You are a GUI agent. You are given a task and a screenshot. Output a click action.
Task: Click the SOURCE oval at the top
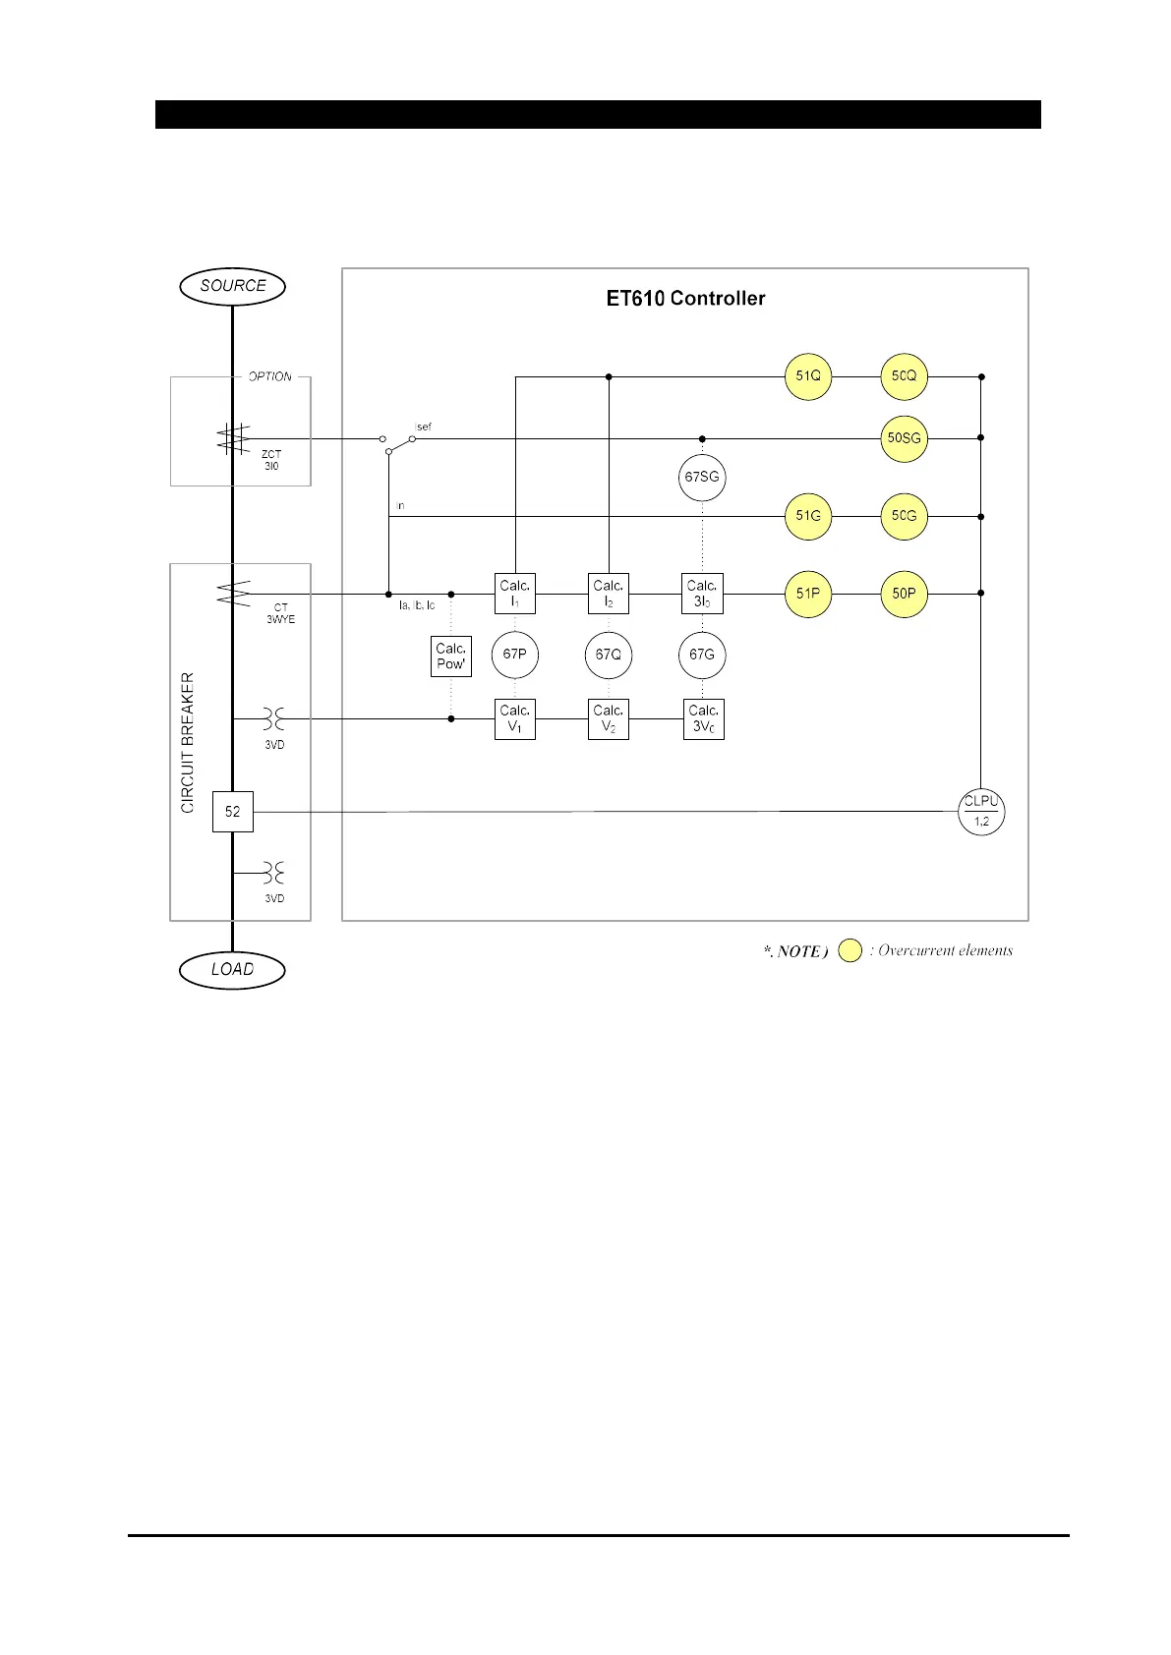tap(232, 286)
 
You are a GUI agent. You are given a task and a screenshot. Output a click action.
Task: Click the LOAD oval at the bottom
tap(232, 970)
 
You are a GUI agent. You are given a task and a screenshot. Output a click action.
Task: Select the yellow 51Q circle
tap(808, 376)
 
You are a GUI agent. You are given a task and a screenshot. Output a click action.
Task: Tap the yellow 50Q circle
tap(904, 376)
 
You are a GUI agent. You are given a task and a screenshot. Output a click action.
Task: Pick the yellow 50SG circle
tap(904, 438)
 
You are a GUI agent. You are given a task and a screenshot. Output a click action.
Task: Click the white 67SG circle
tap(702, 477)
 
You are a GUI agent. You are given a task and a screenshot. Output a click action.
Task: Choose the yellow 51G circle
tap(808, 516)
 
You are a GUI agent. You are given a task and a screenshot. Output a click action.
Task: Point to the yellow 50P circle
tap(904, 594)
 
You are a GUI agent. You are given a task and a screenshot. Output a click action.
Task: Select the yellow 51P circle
tap(808, 594)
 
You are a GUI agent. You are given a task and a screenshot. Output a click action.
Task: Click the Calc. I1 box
tap(515, 594)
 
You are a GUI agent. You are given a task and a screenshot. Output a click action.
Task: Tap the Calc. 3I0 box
tap(702, 594)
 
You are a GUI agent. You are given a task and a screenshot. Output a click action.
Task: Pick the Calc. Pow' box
tap(451, 656)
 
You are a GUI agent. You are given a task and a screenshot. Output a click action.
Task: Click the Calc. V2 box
tap(609, 718)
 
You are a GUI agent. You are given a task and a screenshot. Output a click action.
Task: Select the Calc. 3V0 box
tap(703, 718)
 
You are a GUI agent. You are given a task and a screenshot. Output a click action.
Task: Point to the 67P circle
tap(515, 655)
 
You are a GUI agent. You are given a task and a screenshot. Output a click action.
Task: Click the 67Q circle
tap(609, 655)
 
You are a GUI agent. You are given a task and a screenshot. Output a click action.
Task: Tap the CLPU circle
tap(981, 812)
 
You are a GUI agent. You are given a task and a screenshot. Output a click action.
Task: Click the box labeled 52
tap(233, 812)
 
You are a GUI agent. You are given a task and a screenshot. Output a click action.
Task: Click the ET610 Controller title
tap(685, 299)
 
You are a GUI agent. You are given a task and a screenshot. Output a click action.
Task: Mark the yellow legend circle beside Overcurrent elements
tap(850, 950)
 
